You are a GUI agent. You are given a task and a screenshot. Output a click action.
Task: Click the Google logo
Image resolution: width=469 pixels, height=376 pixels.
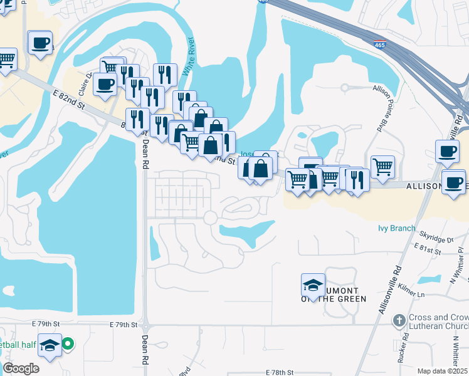(x=21, y=368)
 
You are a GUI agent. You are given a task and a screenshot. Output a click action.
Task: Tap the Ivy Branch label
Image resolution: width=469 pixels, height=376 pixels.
(x=396, y=228)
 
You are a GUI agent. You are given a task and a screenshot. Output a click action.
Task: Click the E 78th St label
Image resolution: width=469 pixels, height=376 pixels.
(x=280, y=372)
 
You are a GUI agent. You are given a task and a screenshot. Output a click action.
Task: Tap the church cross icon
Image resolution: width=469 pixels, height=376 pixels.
(x=399, y=321)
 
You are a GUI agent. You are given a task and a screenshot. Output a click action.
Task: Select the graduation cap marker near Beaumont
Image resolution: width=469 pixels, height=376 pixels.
(x=313, y=285)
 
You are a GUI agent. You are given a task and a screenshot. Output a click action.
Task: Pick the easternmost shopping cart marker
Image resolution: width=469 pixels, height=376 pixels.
(x=382, y=166)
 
